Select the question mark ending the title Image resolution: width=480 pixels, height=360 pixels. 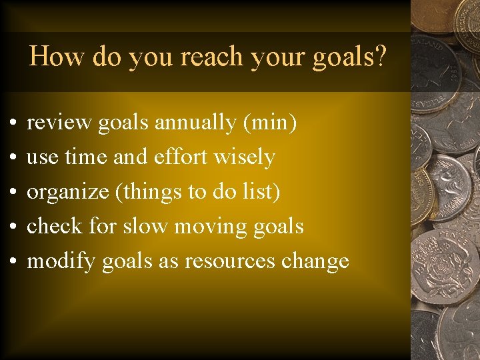381,57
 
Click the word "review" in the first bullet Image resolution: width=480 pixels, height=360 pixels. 59,123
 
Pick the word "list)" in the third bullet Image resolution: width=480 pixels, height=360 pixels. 262,192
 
